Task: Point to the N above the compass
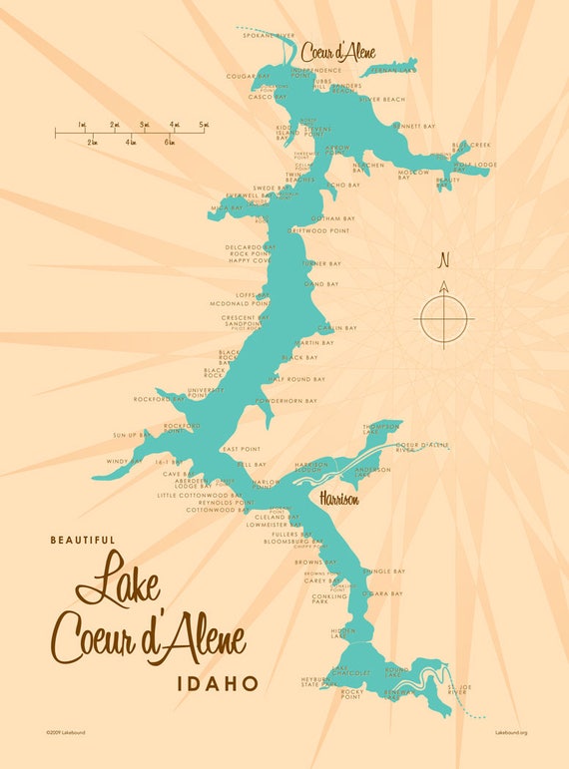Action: coord(444,262)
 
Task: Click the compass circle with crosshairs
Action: coord(444,319)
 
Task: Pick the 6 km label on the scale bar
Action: coord(169,143)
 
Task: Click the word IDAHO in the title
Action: coord(217,683)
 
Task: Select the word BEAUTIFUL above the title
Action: coord(83,540)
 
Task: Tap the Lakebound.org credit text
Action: coord(510,732)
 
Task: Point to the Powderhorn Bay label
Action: coord(285,401)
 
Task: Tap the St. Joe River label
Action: coord(457,689)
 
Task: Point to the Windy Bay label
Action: coord(125,461)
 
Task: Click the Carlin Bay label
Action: coord(337,328)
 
